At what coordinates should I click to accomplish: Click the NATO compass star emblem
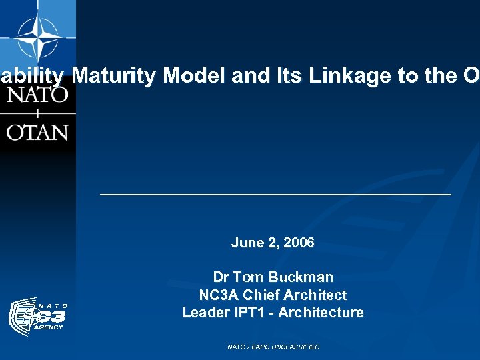click(x=37, y=37)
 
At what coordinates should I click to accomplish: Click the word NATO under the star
click(x=37, y=94)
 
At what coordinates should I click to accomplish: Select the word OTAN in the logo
click(x=37, y=131)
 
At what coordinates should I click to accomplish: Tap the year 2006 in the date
click(x=299, y=243)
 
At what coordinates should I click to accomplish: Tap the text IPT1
click(x=249, y=313)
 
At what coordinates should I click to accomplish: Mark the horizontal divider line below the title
click(x=275, y=194)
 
